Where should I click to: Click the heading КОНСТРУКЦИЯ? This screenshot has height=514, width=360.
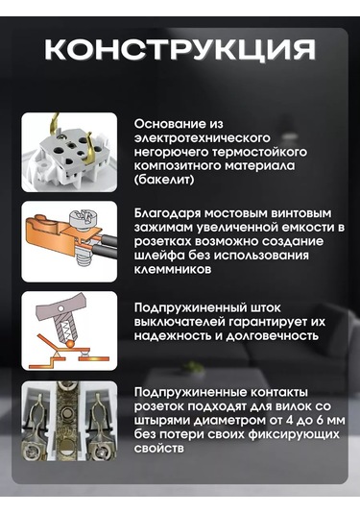(180, 49)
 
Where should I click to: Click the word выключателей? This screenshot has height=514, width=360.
(177, 321)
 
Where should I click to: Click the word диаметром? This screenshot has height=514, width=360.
(221, 420)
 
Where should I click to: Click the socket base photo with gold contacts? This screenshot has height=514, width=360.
(76, 151)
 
